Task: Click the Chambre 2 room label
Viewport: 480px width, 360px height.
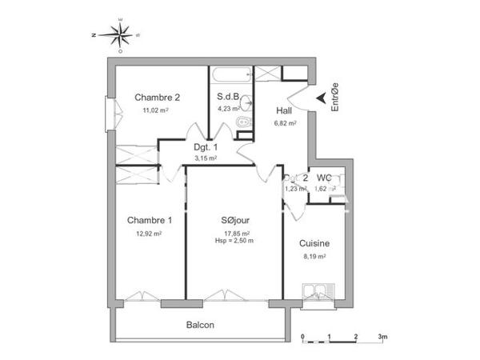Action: pos(157,97)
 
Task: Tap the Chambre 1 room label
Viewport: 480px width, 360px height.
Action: pos(149,221)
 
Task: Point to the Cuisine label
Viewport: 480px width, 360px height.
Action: pos(314,243)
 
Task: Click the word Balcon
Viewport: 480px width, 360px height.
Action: pos(200,325)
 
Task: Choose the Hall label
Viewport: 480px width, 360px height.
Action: pos(284,111)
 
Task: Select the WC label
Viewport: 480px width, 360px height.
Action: pos(324,178)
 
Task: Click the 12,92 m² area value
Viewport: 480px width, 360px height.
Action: pos(149,234)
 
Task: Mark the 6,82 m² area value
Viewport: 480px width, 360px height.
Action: pos(285,124)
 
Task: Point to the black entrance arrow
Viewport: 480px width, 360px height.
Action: pos(321,98)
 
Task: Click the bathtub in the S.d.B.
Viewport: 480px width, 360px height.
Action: pos(230,75)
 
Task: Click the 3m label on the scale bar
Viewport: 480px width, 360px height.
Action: pos(384,338)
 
